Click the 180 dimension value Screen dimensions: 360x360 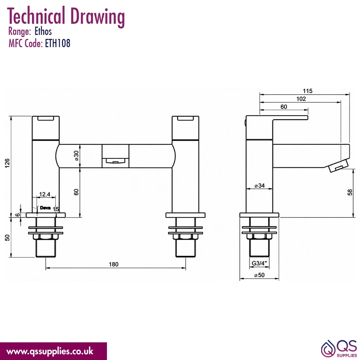pos(113,264)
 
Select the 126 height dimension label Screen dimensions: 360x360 pos(7,163)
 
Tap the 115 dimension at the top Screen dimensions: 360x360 pos(307,91)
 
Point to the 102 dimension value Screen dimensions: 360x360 pos(301,99)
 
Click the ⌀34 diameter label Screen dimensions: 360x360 pos(260,185)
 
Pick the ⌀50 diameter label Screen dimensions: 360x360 pos(260,275)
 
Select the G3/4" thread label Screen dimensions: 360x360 pos(259,263)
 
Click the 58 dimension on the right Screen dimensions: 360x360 pos(350,192)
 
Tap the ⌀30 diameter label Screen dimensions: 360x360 pos(76,156)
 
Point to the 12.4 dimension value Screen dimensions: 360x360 pos(45,194)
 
